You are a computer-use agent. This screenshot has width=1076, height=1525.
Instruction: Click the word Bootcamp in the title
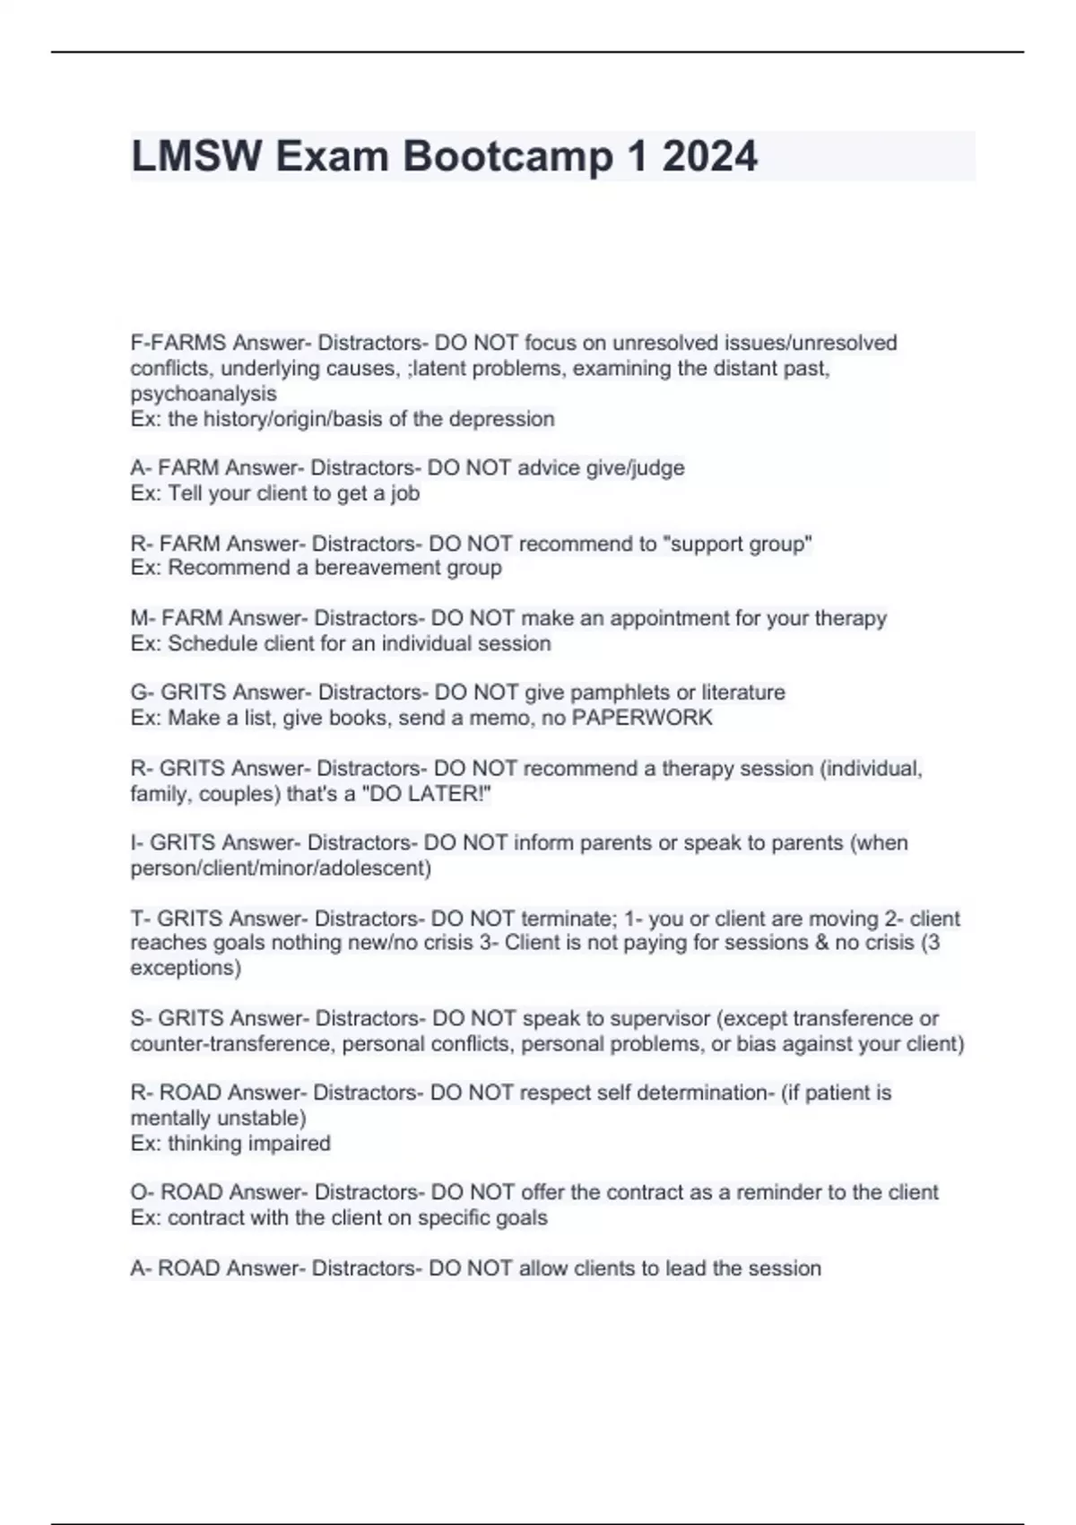point(508,156)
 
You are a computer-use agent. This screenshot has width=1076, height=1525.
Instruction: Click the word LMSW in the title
point(197,156)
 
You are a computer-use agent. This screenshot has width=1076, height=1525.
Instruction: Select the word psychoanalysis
point(204,394)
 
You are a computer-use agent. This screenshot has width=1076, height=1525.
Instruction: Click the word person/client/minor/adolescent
point(280,868)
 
